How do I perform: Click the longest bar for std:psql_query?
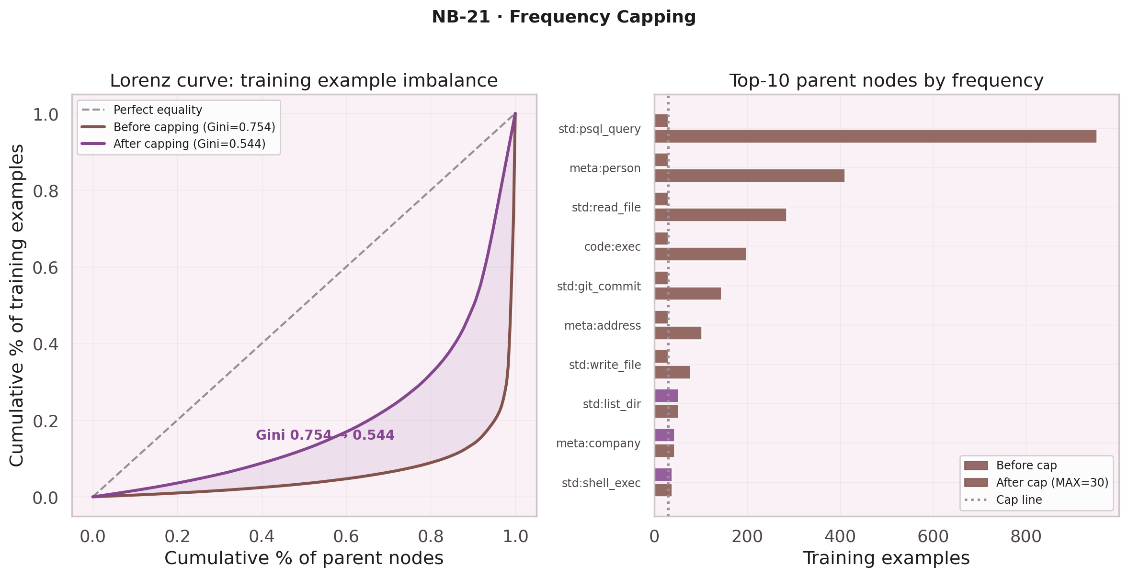(875, 136)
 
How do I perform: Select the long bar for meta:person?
(749, 176)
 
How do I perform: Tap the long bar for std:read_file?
(720, 215)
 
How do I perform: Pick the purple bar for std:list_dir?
(666, 396)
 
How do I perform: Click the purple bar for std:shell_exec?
(663, 475)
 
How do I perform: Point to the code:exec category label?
(612, 247)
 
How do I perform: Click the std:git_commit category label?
(599, 287)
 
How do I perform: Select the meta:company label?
(598, 444)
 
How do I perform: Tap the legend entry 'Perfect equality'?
(158, 110)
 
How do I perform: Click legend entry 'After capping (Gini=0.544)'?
(189, 144)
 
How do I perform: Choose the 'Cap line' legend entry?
(1019, 500)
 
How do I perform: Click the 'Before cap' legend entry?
(1026, 466)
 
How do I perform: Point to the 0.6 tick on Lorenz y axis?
(46, 268)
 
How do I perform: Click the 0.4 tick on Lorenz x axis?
(262, 537)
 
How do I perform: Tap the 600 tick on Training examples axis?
(933, 537)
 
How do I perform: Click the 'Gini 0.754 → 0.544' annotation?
(325, 435)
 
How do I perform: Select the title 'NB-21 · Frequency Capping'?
(564, 17)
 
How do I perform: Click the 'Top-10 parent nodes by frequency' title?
(886, 81)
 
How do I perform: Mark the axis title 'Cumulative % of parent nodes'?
(304, 558)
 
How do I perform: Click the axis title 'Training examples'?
(886, 558)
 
